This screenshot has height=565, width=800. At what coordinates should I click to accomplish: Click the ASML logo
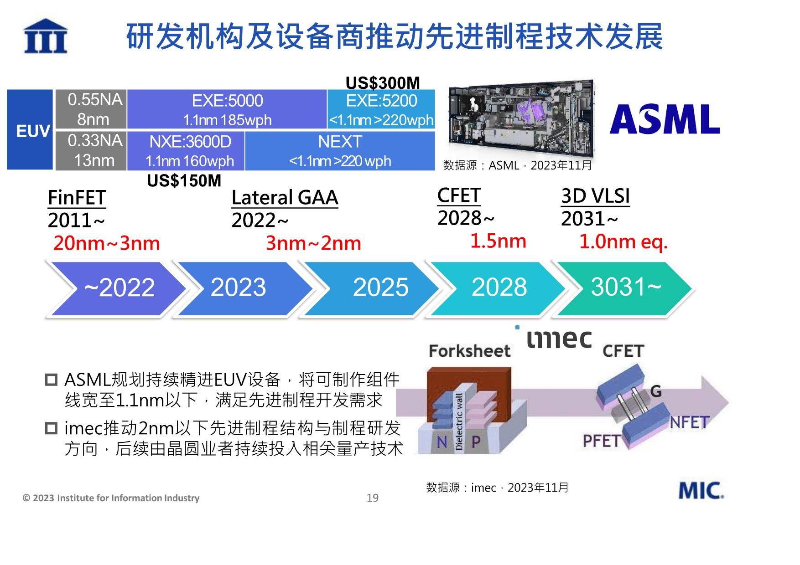tap(665, 119)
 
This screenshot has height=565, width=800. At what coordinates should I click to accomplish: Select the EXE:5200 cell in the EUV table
tap(381, 109)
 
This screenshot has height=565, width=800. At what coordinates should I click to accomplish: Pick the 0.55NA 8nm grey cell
tap(91, 109)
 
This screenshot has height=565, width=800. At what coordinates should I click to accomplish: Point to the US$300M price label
tap(383, 83)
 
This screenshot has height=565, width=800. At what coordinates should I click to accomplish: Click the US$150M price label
tap(184, 181)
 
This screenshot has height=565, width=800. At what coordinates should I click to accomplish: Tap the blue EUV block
tap(30, 130)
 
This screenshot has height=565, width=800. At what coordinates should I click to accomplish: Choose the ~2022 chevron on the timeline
tap(116, 288)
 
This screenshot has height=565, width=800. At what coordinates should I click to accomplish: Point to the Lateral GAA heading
tap(285, 198)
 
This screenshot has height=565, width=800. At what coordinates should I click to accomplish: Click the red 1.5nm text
tap(498, 241)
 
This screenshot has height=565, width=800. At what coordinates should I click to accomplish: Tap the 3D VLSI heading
tap(595, 196)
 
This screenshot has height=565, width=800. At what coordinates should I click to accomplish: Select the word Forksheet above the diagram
tap(470, 351)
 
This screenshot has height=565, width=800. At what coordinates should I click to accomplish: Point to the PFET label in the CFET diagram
tap(602, 441)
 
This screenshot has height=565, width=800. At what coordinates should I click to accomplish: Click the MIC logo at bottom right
tap(701, 490)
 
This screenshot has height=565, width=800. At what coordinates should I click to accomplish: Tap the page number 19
tap(373, 498)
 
